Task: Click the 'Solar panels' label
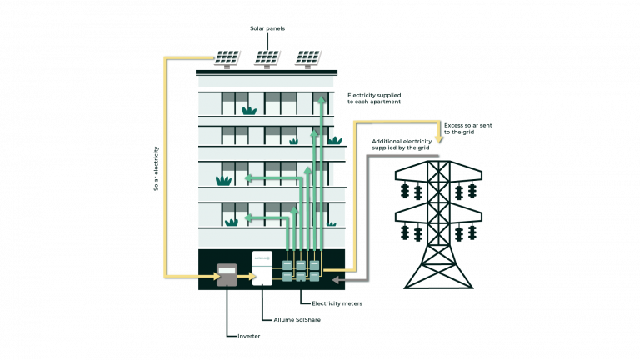click(x=267, y=28)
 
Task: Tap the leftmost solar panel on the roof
click(x=227, y=59)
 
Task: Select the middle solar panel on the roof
click(x=267, y=59)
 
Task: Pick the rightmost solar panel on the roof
click(x=307, y=59)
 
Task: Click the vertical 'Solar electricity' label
click(x=156, y=168)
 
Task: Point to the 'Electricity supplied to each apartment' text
click(x=374, y=98)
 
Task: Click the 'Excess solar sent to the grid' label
click(x=468, y=128)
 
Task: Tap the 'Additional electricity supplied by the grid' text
click(x=402, y=144)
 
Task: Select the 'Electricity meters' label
click(x=337, y=303)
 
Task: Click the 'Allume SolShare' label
click(x=297, y=320)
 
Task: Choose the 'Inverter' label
click(x=249, y=337)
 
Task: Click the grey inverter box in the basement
click(x=227, y=275)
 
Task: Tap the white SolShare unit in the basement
click(x=262, y=268)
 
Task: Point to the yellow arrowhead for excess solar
click(x=439, y=139)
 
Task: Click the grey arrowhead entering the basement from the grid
click(x=337, y=280)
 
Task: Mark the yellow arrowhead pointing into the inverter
click(x=217, y=277)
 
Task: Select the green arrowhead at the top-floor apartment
click(x=322, y=99)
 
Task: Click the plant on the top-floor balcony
click(x=249, y=111)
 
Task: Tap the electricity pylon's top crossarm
click(x=438, y=171)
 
